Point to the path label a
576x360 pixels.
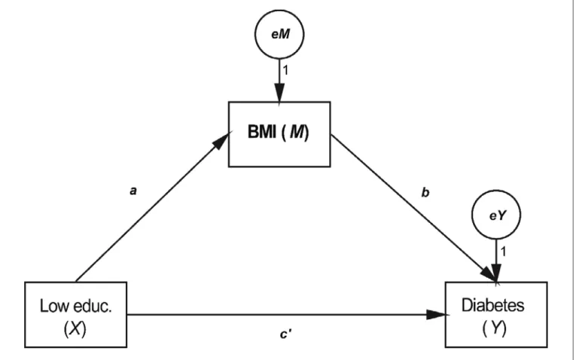(133, 191)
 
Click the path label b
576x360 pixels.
(425, 192)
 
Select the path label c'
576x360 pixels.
(286, 334)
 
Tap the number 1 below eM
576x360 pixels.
(285, 70)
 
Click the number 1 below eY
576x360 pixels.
(503, 252)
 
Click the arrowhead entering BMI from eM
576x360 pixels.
(279, 93)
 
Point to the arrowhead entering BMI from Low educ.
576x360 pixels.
(221, 141)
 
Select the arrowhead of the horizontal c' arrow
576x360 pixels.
(437, 315)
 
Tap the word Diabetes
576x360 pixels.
(492, 305)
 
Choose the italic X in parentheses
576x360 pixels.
(75, 328)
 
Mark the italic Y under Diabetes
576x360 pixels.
(495, 328)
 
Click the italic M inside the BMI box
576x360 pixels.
(297, 132)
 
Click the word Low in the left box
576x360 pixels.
(55, 306)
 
